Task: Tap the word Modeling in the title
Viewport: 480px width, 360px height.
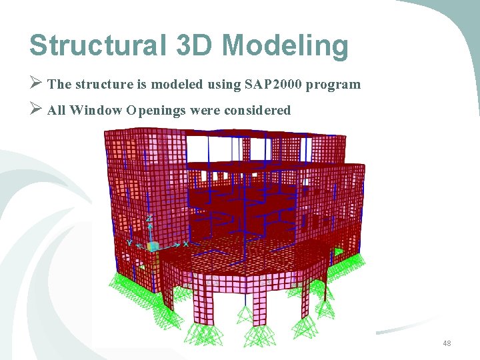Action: click(x=285, y=46)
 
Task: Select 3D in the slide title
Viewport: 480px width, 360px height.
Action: click(x=193, y=46)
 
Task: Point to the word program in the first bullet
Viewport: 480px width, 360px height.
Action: click(x=336, y=85)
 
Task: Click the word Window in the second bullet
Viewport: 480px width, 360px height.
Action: click(x=95, y=110)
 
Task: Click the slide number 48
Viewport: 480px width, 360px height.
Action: click(x=447, y=343)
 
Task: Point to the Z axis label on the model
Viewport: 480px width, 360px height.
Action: click(x=149, y=218)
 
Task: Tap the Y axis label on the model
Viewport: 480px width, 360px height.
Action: click(x=130, y=243)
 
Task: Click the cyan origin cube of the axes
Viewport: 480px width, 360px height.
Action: click(x=153, y=247)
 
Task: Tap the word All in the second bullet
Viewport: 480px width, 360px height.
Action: click(x=57, y=110)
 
